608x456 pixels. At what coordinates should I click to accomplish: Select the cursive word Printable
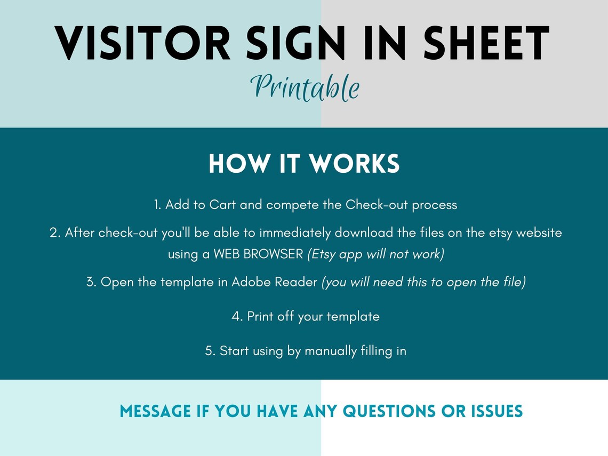tap(305, 87)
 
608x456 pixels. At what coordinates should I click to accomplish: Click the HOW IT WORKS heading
tap(304, 164)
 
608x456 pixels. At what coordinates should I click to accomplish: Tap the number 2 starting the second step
tap(53, 233)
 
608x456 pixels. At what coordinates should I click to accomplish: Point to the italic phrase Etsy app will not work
tap(375, 254)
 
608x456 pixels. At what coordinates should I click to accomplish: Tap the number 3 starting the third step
tap(90, 282)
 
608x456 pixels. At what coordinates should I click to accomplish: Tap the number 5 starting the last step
tap(209, 351)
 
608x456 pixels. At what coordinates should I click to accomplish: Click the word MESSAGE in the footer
tap(155, 411)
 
